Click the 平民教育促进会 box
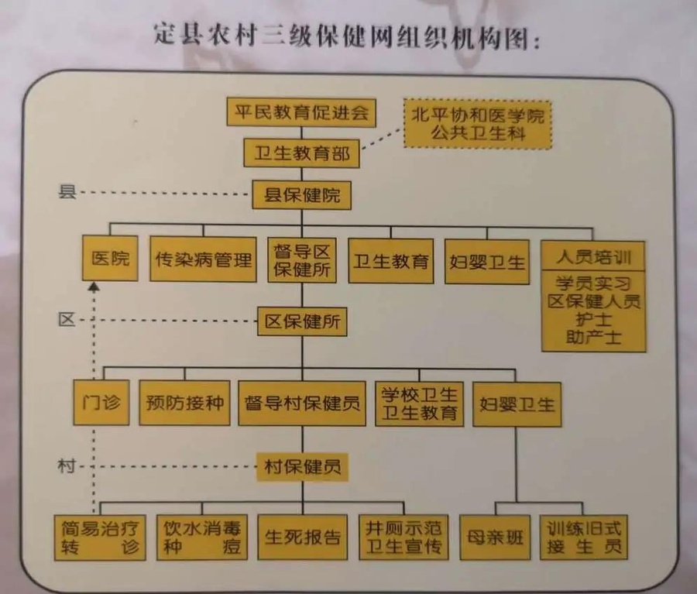point(301,113)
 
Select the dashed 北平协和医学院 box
point(478,124)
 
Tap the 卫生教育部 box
point(302,153)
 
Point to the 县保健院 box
point(302,196)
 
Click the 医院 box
point(110,259)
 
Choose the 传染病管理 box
point(203,260)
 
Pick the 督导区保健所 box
point(302,260)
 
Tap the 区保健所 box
point(302,320)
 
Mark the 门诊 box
point(101,403)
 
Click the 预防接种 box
point(184,403)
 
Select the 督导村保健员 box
point(302,403)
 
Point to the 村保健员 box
point(302,466)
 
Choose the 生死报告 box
point(302,537)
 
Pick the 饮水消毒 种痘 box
point(202,537)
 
